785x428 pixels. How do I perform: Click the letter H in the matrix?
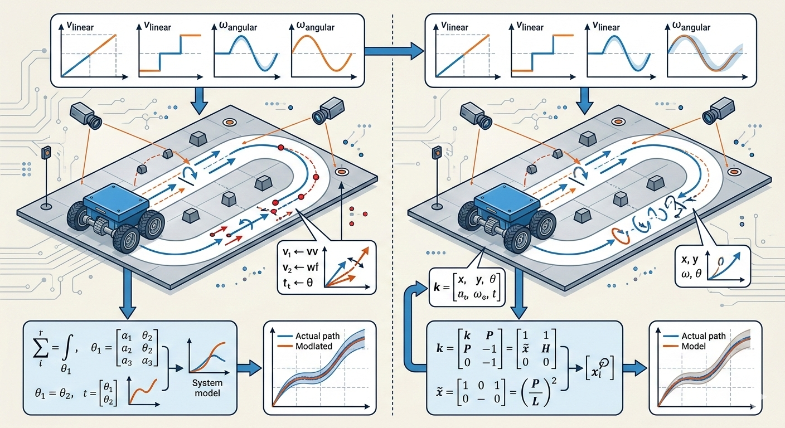coord(544,364)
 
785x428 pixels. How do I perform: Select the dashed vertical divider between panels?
coord(394,223)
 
